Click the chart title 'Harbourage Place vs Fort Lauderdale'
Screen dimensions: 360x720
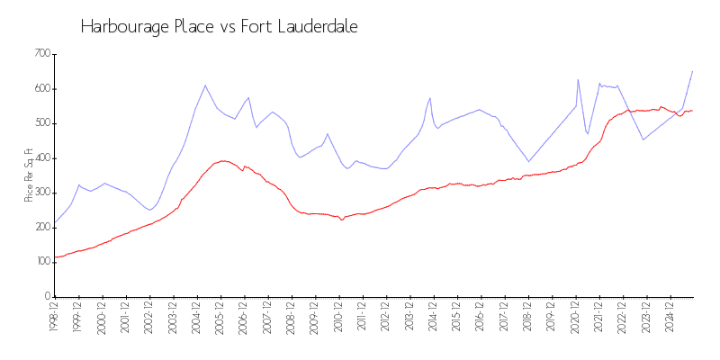(x=219, y=27)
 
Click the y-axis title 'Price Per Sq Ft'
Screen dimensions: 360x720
(x=30, y=175)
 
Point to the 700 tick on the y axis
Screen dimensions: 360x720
(x=41, y=54)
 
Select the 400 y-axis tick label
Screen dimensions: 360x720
(x=41, y=158)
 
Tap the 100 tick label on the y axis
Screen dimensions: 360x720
(x=41, y=262)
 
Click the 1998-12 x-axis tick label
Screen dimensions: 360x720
(x=55, y=318)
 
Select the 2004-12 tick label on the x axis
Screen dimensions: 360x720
(x=196, y=318)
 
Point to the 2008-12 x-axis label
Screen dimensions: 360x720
(x=291, y=318)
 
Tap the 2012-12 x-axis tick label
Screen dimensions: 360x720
(x=385, y=318)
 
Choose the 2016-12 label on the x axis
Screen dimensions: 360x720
(x=480, y=318)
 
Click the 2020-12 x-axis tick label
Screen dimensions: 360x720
(x=574, y=318)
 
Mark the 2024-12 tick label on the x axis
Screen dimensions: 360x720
(x=669, y=318)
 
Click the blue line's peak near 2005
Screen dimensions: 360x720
(x=205, y=85)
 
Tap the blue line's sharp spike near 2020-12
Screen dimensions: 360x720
(x=578, y=79)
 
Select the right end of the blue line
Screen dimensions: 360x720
(x=692, y=71)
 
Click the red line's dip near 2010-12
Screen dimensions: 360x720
(x=342, y=220)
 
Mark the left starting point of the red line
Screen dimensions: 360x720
(x=55, y=256)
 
